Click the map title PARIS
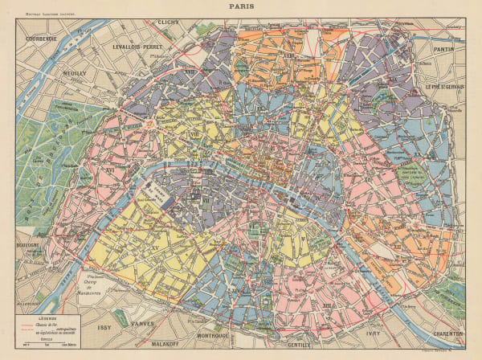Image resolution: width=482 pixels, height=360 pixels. (240, 6)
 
